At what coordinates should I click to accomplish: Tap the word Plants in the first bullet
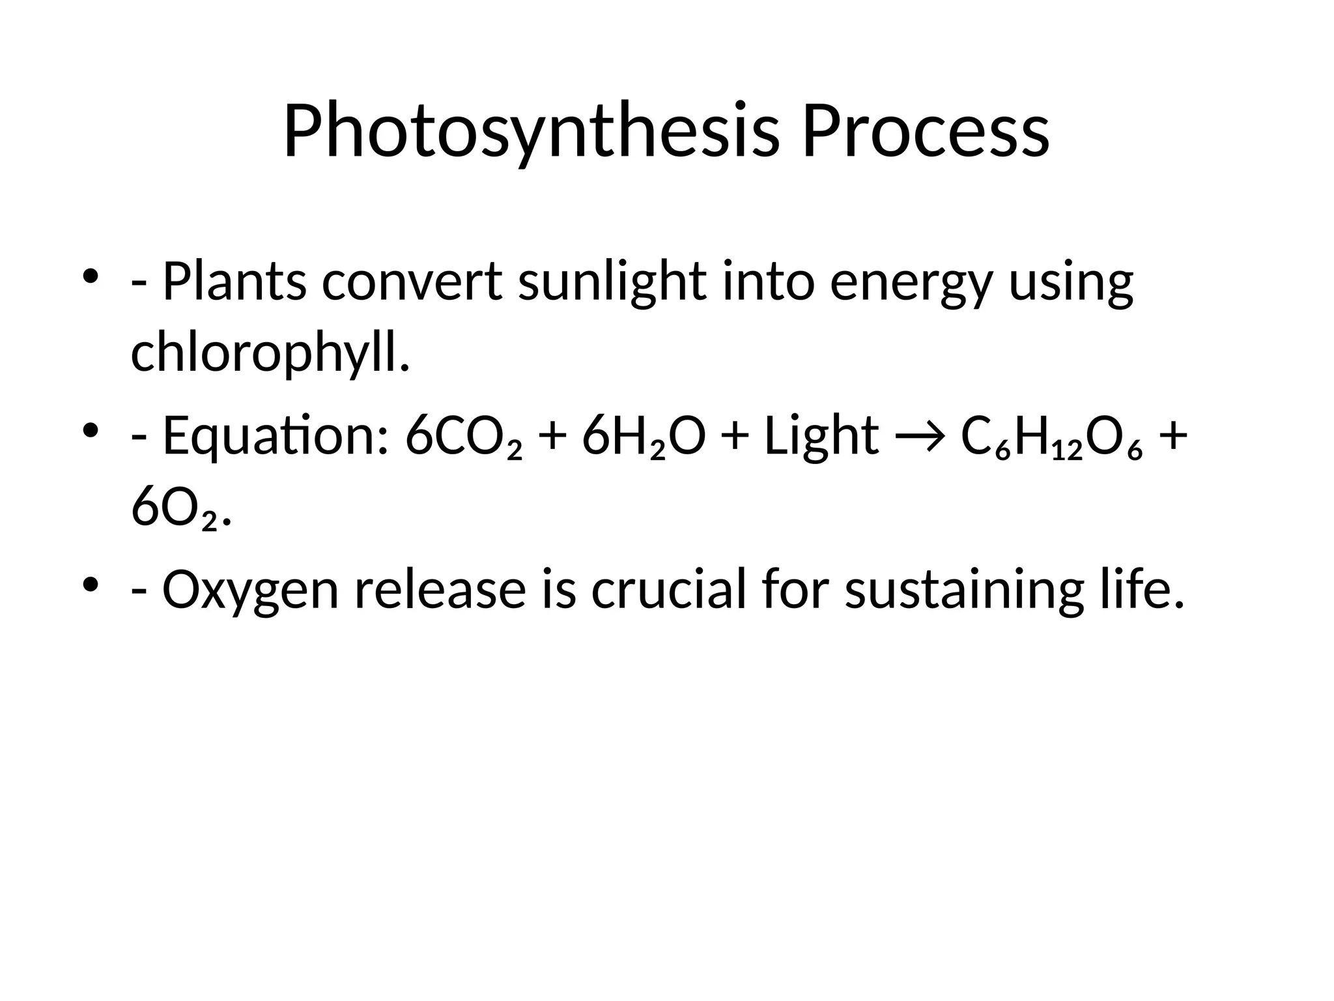234,282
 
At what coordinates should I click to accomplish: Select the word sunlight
612,282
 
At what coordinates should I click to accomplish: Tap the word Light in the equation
821,437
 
